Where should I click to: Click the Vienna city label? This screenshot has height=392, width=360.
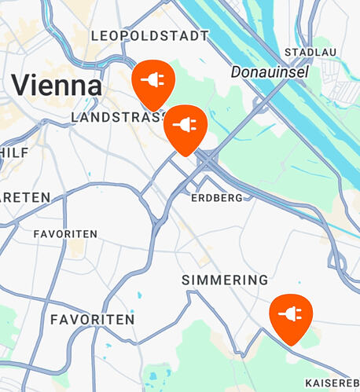point(57,84)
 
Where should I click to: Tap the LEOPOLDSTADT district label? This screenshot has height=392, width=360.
point(150,35)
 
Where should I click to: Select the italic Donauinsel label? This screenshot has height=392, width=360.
point(270,71)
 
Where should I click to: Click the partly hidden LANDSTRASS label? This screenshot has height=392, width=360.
point(118,117)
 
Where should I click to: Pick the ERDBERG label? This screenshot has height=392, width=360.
point(217,198)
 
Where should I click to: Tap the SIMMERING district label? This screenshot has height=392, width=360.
point(225,280)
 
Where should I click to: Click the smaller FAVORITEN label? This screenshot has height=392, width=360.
point(65,234)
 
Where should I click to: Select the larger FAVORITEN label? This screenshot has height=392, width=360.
point(92,320)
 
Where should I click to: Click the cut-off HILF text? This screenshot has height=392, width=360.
point(13,151)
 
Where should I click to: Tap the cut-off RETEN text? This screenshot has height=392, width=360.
point(24,196)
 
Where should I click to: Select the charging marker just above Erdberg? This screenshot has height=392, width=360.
point(186,126)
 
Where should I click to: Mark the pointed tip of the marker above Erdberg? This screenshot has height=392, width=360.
point(186,155)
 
